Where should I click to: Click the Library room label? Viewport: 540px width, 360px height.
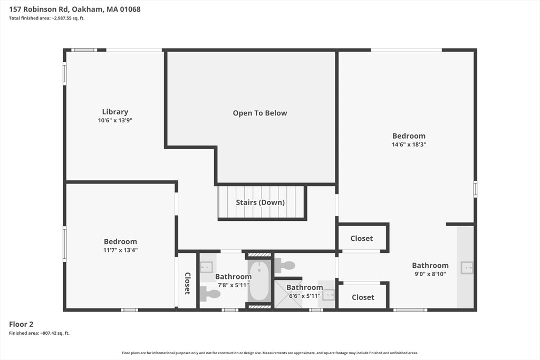pos(115,112)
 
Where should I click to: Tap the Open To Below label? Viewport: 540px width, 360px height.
pos(259,113)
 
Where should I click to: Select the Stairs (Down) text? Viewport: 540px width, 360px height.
pos(260,202)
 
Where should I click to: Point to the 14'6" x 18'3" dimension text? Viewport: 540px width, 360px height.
pos(409,144)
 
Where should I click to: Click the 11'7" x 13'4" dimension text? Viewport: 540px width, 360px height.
pos(120,250)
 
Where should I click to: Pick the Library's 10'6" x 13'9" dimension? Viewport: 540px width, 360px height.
pos(115,121)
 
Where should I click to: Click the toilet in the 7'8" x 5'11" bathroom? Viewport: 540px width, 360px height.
pos(210,294)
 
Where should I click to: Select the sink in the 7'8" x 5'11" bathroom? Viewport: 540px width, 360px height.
pos(206,267)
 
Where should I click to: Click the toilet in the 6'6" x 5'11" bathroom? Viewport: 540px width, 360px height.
pos(285,265)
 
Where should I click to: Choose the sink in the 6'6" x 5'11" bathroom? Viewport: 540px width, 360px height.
pos(329,295)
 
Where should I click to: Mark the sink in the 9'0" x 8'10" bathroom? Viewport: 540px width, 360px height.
pos(467,268)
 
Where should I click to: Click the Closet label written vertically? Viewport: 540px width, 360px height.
pos(187,283)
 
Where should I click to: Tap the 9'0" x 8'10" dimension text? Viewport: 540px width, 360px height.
pos(430,274)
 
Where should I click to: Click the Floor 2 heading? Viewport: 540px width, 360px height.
pos(21,324)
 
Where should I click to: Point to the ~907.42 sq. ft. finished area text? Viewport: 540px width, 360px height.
pos(55,333)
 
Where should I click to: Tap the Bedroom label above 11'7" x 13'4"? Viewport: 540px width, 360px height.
pos(120,241)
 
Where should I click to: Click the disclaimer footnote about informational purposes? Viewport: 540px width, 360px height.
pos(270,353)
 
